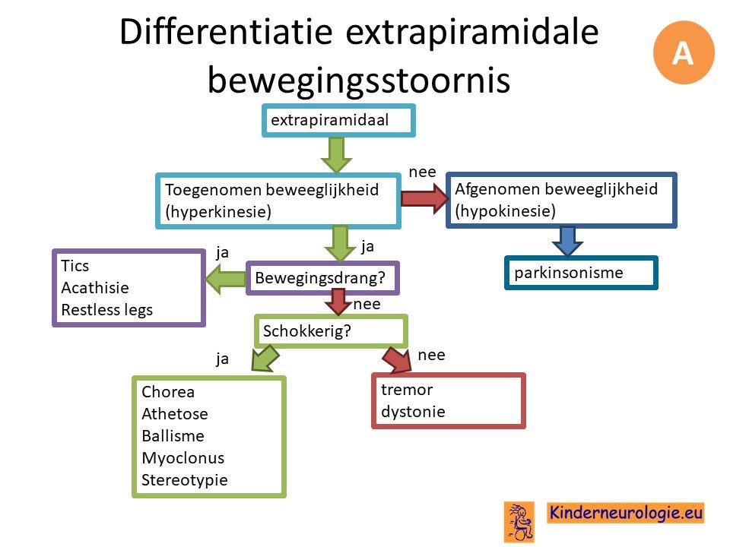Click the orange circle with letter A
click(x=684, y=52)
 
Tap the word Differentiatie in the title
click(x=227, y=32)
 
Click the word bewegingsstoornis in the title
click(x=358, y=80)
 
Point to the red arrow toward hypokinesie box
click(x=424, y=198)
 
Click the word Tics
click(x=75, y=266)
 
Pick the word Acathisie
click(x=95, y=287)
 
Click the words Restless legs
click(x=107, y=310)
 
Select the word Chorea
click(x=168, y=392)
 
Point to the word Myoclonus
click(x=183, y=458)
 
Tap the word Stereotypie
click(x=185, y=480)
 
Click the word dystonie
click(x=413, y=412)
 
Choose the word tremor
click(x=407, y=389)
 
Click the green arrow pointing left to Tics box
click(x=225, y=279)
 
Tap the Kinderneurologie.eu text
click(x=626, y=513)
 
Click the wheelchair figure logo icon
click(x=519, y=522)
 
